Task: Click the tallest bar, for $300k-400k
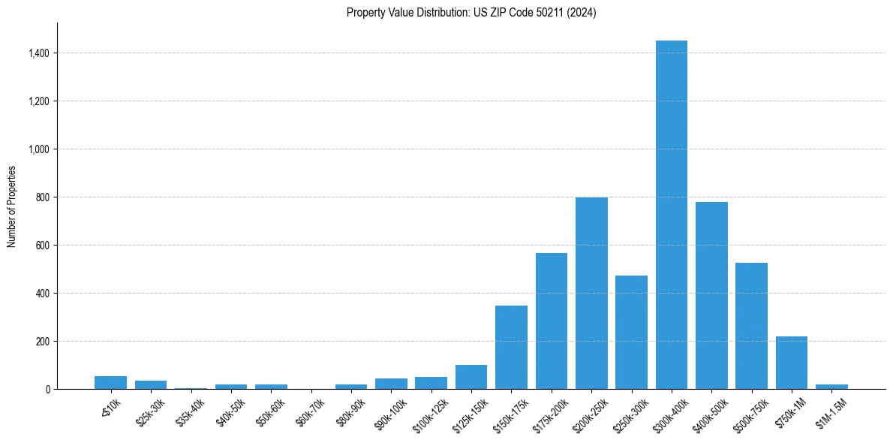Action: [x=671, y=215]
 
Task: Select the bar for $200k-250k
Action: [x=591, y=293]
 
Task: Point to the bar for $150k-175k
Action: [x=511, y=347]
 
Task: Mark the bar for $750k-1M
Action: [x=791, y=363]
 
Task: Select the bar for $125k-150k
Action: [x=471, y=377]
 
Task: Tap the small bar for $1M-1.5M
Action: [x=831, y=386]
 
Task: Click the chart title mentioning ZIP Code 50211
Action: [x=471, y=12]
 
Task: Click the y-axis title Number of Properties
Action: [x=11, y=206]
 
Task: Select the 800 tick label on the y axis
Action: [x=43, y=197]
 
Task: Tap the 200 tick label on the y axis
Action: [x=43, y=342]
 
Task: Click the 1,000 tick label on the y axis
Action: [x=38, y=149]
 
